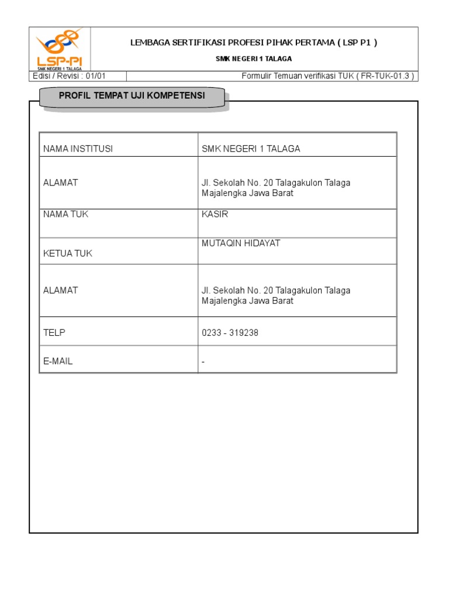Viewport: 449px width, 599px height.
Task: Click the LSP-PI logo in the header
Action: (60, 49)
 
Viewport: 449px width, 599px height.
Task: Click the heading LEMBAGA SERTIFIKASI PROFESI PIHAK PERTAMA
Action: (253, 43)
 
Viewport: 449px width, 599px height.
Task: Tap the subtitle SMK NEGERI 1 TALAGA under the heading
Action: (254, 59)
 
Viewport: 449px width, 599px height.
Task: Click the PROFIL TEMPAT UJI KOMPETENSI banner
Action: (132, 96)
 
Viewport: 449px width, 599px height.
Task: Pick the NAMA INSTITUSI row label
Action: (78, 149)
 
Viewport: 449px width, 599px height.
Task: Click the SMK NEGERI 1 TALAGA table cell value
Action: (251, 149)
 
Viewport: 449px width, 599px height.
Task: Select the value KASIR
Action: (215, 214)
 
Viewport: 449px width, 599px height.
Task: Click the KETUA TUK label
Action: (68, 253)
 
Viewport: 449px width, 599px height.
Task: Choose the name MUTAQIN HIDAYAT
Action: (241, 243)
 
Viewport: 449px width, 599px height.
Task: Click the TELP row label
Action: (54, 332)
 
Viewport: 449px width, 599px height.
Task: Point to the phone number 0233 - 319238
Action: (230, 333)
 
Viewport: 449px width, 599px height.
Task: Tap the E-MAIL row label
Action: (58, 361)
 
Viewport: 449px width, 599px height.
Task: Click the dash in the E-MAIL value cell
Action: (203, 362)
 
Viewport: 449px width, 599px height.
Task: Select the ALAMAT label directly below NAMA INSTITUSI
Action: (61, 183)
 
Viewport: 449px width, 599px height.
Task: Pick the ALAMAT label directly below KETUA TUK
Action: (61, 290)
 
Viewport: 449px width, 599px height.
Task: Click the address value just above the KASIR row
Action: (276, 188)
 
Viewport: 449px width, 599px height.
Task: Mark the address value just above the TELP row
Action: (276, 295)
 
